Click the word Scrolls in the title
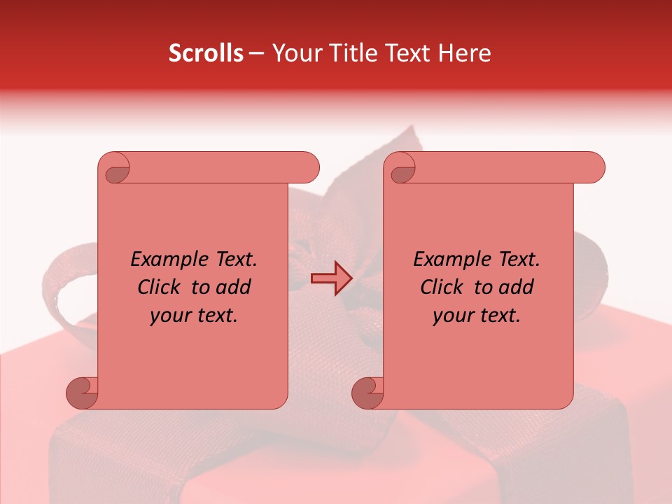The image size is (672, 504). click(206, 53)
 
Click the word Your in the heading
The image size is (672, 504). click(296, 53)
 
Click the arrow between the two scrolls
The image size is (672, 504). click(331, 279)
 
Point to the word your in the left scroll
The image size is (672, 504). click(170, 316)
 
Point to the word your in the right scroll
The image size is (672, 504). click(453, 316)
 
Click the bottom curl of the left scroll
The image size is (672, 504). click(82, 392)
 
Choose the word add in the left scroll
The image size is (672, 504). click(234, 287)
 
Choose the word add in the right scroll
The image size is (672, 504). click(517, 287)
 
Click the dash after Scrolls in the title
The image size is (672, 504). click(256, 54)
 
